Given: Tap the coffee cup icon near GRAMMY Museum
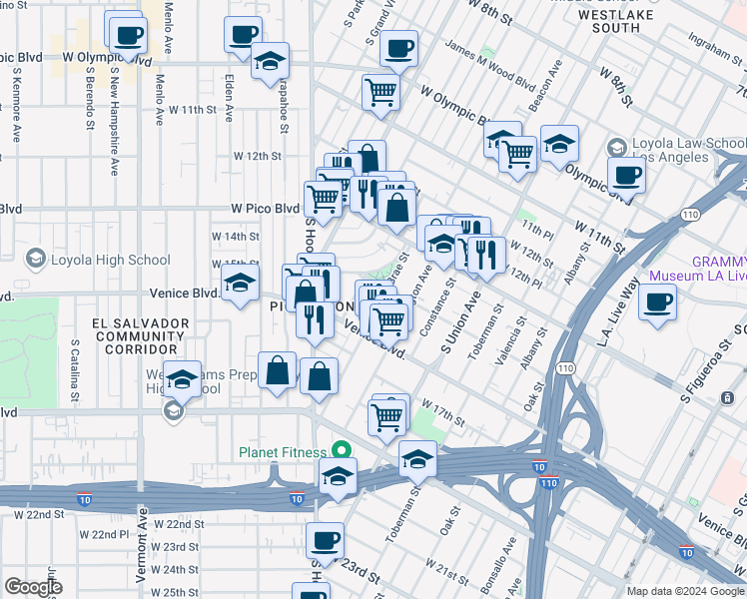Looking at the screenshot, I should pyautogui.click(x=657, y=302).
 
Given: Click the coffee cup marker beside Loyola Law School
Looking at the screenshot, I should pyautogui.click(x=626, y=176).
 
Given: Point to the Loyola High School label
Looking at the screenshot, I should pyautogui.click(x=110, y=261).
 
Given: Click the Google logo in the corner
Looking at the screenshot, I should pyautogui.click(x=33, y=587).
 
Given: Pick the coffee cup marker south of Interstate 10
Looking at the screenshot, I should pyautogui.click(x=324, y=542).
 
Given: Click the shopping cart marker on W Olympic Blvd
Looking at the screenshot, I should pyautogui.click(x=380, y=92).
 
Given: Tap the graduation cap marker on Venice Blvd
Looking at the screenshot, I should pyautogui.click(x=240, y=286).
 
